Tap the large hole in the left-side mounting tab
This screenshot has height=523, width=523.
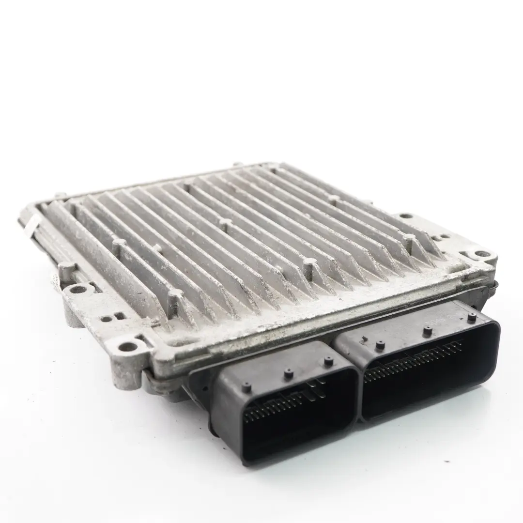[77, 290]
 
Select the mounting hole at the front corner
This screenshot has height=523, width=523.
[127, 346]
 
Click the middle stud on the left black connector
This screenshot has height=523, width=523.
[289, 373]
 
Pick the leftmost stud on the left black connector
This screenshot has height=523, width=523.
[246, 386]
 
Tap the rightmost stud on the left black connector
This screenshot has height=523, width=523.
[329, 360]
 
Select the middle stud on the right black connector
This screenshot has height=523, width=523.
[427, 331]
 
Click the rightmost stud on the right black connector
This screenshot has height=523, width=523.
[471, 317]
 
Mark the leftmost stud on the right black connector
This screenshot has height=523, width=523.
[381, 345]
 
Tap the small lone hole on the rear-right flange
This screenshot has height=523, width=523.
[406, 216]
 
